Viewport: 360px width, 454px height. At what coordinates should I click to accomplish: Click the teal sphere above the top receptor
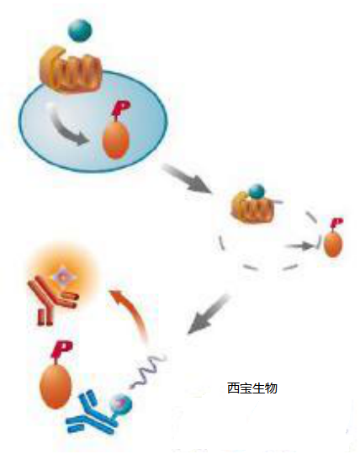pos(80,30)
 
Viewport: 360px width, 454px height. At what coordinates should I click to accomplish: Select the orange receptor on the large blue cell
pos(71,70)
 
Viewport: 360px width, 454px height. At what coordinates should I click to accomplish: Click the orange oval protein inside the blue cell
pos(115,141)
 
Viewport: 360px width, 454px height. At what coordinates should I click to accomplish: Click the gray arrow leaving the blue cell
pos(187,179)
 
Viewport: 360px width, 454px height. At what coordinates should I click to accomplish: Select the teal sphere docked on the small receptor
pos(257,192)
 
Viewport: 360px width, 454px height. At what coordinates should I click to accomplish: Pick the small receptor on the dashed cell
pos(252,209)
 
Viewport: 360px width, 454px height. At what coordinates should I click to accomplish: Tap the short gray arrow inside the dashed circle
pos(299,246)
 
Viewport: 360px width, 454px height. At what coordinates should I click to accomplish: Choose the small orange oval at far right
pos(333,245)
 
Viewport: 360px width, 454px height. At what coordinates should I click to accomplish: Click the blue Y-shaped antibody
pos(90,413)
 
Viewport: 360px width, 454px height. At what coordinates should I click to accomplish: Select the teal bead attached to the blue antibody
pos(122,404)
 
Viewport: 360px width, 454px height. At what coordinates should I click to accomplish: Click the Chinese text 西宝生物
pos(252,388)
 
